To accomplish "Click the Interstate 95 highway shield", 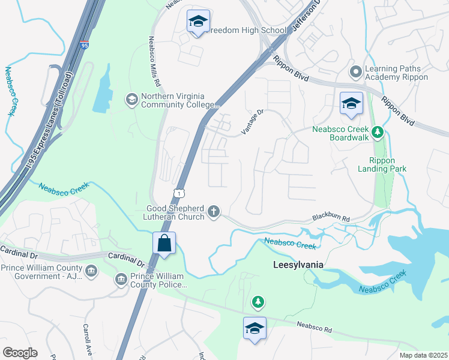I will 83,45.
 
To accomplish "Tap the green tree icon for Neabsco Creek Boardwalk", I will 378,131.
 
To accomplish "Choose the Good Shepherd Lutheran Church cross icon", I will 213,211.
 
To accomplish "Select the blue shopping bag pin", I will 163,244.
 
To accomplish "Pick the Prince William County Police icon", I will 121,279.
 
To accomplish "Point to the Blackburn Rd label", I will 330,220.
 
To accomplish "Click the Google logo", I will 20,352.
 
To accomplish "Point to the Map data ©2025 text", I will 423,355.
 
